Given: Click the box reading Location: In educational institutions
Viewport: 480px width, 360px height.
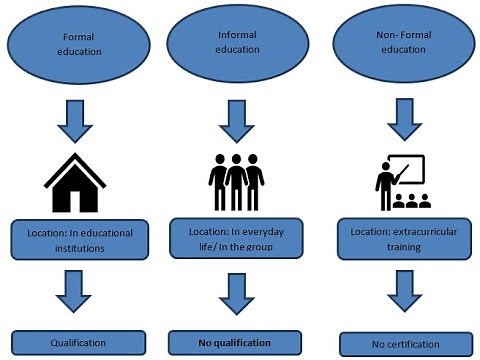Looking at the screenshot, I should point(78,239).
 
